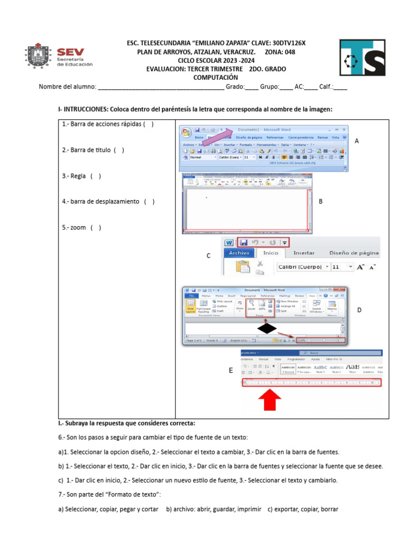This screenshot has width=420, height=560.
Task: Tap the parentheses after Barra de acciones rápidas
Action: pos(149,124)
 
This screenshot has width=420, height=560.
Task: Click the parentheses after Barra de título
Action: pos(119,150)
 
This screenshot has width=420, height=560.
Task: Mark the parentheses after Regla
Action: pos(96,176)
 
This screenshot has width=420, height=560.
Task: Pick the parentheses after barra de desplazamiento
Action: pos(149,202)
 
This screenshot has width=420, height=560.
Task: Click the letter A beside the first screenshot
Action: pos(357,141)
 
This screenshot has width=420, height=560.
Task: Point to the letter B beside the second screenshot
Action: pos(320,201)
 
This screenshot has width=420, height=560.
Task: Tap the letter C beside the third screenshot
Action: pos(208,256)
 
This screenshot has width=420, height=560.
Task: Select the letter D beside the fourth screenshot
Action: pos(359,310)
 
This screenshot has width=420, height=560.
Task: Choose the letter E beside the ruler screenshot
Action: pos(231,370)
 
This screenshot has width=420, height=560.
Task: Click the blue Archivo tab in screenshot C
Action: pos(239,253)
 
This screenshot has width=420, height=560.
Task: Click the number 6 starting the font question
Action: pos(60,437)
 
